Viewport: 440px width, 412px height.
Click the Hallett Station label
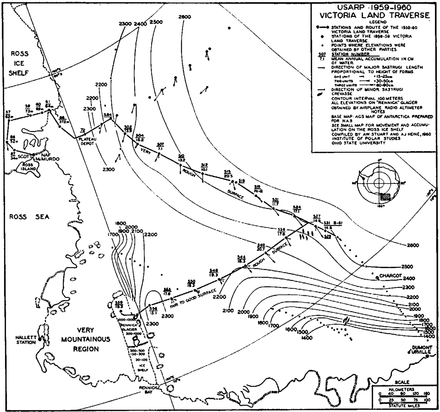[x=26, y=340]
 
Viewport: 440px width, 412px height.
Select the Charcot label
[x=391, y=276]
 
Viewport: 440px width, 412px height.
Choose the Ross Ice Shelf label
[x=19, y=63]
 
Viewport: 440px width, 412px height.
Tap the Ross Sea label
[x=29, y=217]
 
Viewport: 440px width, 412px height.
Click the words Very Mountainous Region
[x=85, y=339]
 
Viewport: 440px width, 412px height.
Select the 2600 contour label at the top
[x=184, y=17]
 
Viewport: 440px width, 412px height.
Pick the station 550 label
[x=191, y=283]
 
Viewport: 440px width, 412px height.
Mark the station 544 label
[x=242, y=259]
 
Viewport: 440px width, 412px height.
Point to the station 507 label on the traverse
[x=160, y=146]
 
